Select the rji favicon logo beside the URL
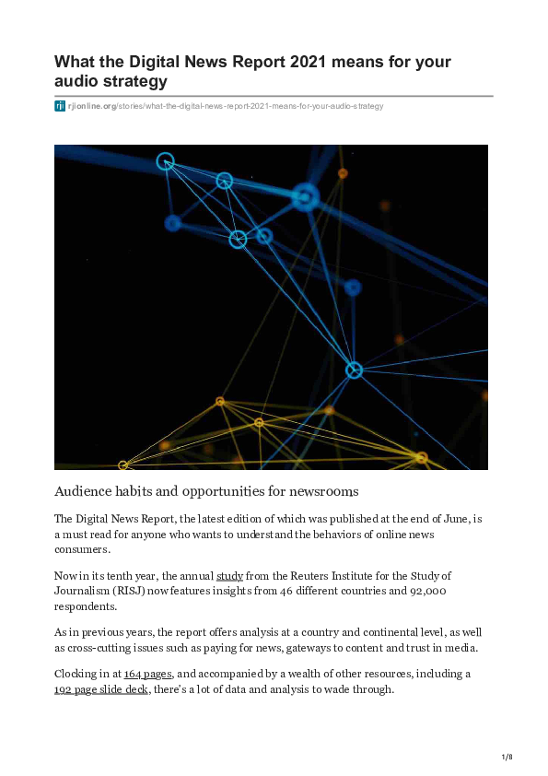(60, 106)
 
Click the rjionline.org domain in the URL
(91, 106)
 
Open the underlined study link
(229, 576)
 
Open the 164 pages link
(147, 674)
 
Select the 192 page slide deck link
(101, 688)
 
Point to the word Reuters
(309, 576)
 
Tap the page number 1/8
(506, 758)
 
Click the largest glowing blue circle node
(305, 196)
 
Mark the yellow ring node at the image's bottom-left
(123, 465)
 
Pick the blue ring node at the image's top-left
(165, 161)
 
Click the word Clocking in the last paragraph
(77, 674)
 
